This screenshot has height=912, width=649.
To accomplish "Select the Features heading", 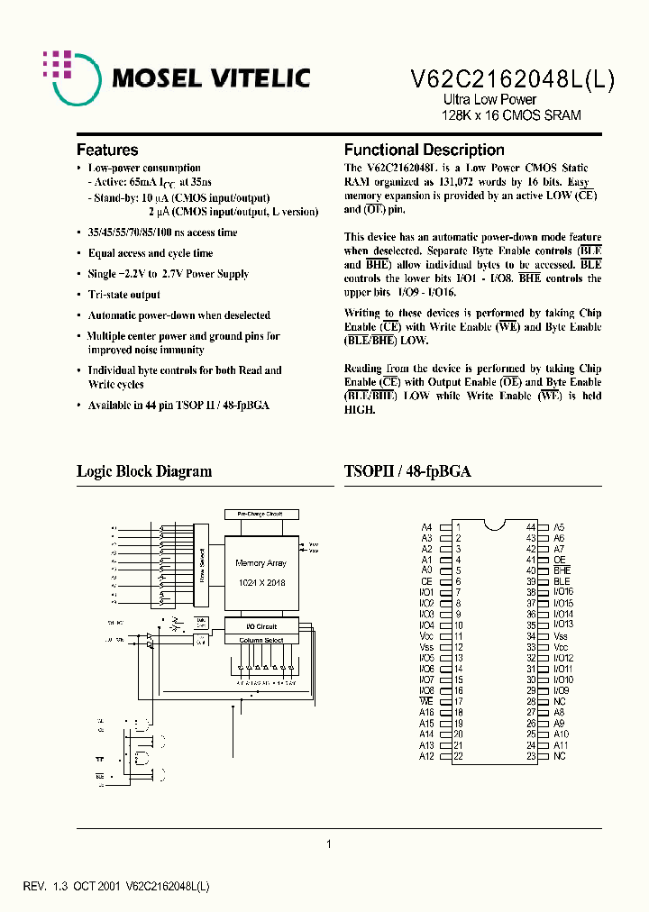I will (107, 150).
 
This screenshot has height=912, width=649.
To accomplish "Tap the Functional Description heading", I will (424, 150).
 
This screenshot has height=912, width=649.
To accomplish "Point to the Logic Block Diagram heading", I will (144, 471).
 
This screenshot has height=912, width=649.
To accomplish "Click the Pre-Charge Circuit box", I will (260, 514).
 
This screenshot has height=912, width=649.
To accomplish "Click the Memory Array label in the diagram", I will (260, 563).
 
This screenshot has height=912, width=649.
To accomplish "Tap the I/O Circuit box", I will (260, 625).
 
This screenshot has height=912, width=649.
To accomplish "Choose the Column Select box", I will (260, 640).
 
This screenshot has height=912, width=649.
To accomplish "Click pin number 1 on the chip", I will (458, 526).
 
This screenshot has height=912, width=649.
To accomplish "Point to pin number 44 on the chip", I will (531, 526).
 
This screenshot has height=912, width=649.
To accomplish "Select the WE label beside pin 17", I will (427, 701).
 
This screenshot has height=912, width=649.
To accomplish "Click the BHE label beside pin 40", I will (562, 570).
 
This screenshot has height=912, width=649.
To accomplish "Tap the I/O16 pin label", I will (563, 592).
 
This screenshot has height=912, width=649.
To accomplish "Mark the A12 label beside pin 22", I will (427, 756).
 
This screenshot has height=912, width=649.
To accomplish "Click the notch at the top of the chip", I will (494, 524).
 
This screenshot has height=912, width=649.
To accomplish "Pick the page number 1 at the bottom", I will (329, 844).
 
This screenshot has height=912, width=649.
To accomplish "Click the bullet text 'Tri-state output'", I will (123, 295).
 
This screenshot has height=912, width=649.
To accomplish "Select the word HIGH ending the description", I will (359, 409).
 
